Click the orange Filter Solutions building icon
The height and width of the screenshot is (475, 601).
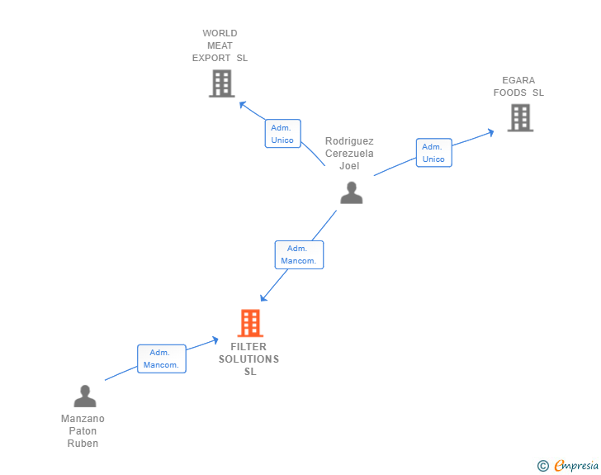click(x=250, y=323)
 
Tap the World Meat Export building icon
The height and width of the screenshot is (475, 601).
click(x=222, y=83)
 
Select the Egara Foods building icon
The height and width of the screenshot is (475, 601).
click(x=520, y=118)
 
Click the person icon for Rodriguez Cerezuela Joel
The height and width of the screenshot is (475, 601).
click(x=352, y=192)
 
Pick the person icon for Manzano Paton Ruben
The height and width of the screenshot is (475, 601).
click(x=85, y=396)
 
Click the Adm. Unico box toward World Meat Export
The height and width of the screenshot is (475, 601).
click(x=283, y=134)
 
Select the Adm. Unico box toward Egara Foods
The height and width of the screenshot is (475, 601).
click(x=434, y=153)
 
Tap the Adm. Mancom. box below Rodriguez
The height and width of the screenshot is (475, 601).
click(x=300, y=254)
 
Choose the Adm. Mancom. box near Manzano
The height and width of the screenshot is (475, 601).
click(x=162, y=359)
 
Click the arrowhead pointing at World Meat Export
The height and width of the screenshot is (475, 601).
click(x=242, y=104)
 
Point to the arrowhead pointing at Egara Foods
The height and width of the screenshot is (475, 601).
click(x=490, y=133)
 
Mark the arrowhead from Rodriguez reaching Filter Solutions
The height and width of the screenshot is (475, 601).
click(x=263, y=297)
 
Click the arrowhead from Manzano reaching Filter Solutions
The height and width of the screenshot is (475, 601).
click(x=215, y=340)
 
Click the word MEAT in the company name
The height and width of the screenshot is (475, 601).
click(x=220, y=45)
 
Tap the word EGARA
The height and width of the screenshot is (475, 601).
click(x=518, y=80)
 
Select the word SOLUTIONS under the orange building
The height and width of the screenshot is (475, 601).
click(x=248, y=359)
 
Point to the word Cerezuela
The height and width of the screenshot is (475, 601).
click(x=349, y=154)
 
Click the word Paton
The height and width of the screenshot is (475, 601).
click(x=83, y=431)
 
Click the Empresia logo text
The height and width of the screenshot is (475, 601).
click(x=576, y=465)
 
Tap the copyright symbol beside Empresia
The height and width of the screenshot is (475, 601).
click(x=543, y=466)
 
